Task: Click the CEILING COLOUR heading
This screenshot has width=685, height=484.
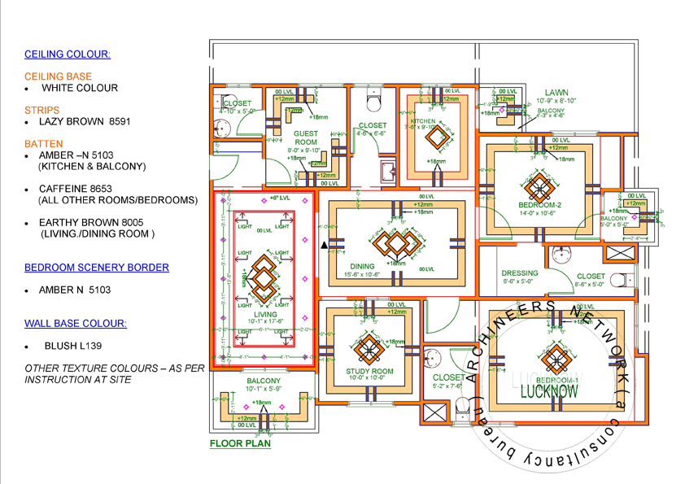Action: click(68, 55)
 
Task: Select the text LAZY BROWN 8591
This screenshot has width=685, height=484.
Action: click(85, 121)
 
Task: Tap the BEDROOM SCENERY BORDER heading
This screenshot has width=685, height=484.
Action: click(97, 267)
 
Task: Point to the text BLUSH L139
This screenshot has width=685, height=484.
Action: click(73, 346)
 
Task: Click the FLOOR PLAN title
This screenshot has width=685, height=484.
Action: click(240, 444)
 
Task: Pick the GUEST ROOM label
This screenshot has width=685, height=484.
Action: click(306, 137)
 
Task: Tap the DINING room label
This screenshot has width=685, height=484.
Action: click(363, 266)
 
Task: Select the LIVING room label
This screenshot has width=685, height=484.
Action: click(264, 315)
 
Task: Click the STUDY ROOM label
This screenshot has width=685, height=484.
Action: click(364, 372)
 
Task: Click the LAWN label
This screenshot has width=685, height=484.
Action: click(556, 93)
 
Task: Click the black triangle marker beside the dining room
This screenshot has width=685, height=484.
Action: click(325, 244)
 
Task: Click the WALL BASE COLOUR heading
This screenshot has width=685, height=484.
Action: click(76, 323)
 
